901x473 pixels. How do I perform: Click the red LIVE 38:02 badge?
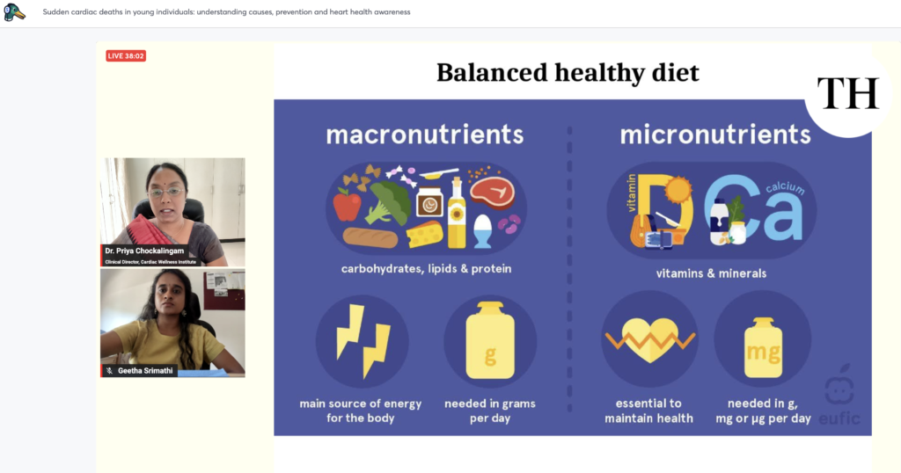pos(126,55)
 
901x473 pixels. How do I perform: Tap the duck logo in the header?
pos(14,11)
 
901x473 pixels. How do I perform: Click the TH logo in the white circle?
pos(848,93)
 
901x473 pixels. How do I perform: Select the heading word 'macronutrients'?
pos(425,135)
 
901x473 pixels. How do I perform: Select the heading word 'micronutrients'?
pos(715,135)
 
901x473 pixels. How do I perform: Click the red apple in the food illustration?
pos(347,205)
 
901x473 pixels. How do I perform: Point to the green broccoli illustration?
pos(388,202)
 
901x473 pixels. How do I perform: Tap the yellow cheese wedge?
pos(425,234)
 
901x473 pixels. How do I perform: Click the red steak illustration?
pos(493,193)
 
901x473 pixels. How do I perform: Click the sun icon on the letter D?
pos(678,189)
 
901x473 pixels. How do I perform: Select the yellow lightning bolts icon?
pos(363,341)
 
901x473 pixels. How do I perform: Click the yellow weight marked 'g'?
pos(490,340)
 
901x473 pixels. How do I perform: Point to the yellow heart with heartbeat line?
pos(650,340)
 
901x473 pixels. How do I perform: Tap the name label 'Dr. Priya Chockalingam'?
pos(144,251)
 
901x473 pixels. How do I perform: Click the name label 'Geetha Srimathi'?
pos(145,371)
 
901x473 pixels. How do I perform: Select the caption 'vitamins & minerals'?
pos(711,273)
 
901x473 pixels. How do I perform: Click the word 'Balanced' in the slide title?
pos(492,73)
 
